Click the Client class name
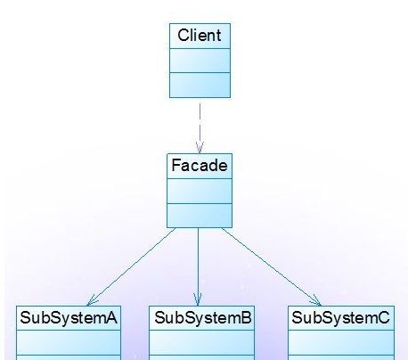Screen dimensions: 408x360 (200, 36)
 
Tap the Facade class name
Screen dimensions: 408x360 (200, 166)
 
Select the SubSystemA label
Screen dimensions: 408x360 (69, 318)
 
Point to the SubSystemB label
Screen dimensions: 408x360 (203, 318)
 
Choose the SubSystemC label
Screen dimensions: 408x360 (340, 318)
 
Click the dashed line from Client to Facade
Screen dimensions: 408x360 (200, 128)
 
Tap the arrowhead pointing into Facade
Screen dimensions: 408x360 (200, 148)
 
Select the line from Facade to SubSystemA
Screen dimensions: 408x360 (131, 266)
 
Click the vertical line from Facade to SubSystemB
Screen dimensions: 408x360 (198, 266)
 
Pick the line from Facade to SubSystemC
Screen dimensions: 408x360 (271, 266)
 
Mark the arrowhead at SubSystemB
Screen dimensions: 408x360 (198, 299)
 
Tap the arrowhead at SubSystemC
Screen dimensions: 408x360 (316, 301)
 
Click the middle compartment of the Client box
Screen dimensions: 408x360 (200, 61)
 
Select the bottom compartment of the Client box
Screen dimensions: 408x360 (200, 85)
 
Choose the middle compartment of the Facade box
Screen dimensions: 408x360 (200, 191)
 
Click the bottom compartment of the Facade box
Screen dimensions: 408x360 (200, 216)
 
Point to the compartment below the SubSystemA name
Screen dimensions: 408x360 (69, 342)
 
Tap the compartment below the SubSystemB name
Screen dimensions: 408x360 (202, 342)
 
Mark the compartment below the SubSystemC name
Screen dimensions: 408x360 (341, 342)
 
